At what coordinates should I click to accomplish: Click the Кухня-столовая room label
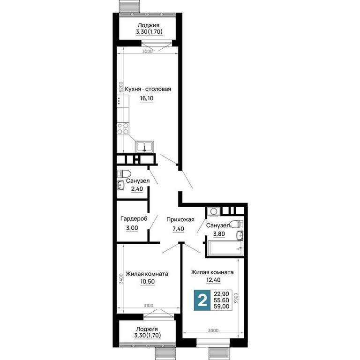(x=148, y=89)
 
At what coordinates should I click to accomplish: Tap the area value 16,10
(x=147, y=98)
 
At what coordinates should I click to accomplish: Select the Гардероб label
(x=134, y=219)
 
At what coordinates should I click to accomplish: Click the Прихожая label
(x=180, y=219)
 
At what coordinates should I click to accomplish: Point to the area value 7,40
(x=179, y=229)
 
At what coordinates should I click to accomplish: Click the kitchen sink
(x=144, y=146)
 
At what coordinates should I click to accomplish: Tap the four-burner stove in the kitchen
(x=123, y=128)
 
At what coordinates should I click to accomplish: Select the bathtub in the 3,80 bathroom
(x=225, y=248)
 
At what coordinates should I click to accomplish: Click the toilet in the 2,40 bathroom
(x=124, y=173)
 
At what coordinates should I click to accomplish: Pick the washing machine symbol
(x=214, y=211)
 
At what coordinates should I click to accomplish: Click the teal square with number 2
(x=202, y=300)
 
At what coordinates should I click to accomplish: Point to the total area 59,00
(x=222, y=306)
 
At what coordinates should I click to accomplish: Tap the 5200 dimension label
(x=121, y=87)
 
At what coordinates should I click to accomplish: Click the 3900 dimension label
(x=236, y=298)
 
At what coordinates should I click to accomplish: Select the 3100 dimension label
(x=148, y=306)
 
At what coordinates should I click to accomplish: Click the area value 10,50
(x=147, y=282)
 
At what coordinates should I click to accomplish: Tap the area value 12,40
(x=214, y=280)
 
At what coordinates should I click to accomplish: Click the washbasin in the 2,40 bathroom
(x=121, y=185)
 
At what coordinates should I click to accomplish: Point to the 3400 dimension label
(x=121, y=278)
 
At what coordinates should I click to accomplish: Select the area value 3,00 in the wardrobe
(x=132, y=228)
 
